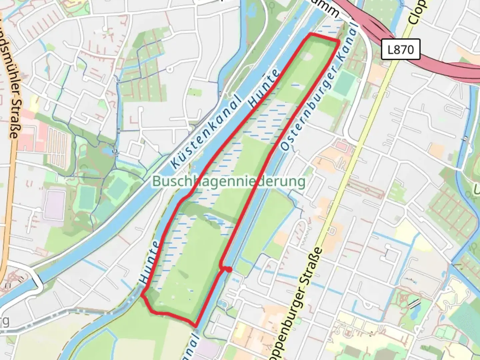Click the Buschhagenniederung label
[x=229, y=182]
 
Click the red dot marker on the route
[x=229, y=269]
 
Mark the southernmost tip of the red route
[x=196, y=326]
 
